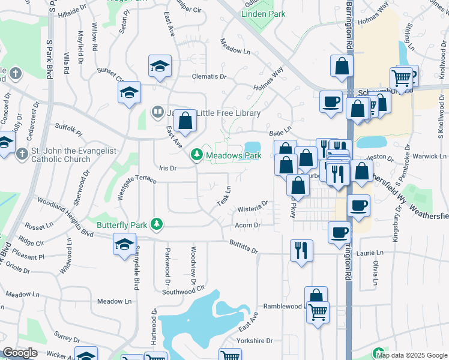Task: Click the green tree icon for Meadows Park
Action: [196, 155]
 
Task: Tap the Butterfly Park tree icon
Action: [157, 224]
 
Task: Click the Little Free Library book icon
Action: [157, 112]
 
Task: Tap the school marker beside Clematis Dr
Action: [160, 67]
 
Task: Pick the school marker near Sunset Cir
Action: [128, 93]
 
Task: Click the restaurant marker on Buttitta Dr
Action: [301, 249]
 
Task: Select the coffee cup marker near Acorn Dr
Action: [340, 232]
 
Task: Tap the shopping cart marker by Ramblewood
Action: [318, 311]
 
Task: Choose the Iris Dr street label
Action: [167, 169]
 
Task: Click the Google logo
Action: [20, 353]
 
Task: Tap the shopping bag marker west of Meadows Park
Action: [186, 121]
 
